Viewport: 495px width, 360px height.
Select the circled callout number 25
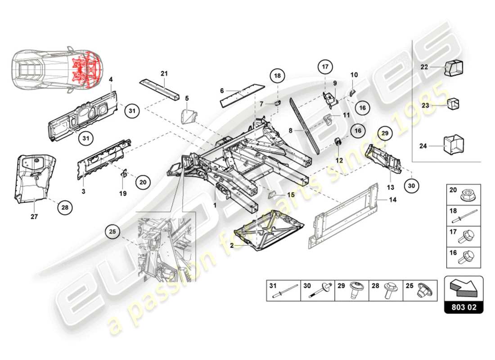pyautogui.click(x=112, y=232)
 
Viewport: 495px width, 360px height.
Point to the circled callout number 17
pyautogui.click(x=325, y=67)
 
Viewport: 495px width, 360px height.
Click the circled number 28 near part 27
pyautogui.click(x=65, y=208)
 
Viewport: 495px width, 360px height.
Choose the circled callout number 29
pyautogui.click(x=385, y=133)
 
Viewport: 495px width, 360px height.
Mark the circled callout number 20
pyautogui.click(x=143, y=182)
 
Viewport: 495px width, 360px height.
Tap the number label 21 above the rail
pyautogui.click(x=164, y=73)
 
